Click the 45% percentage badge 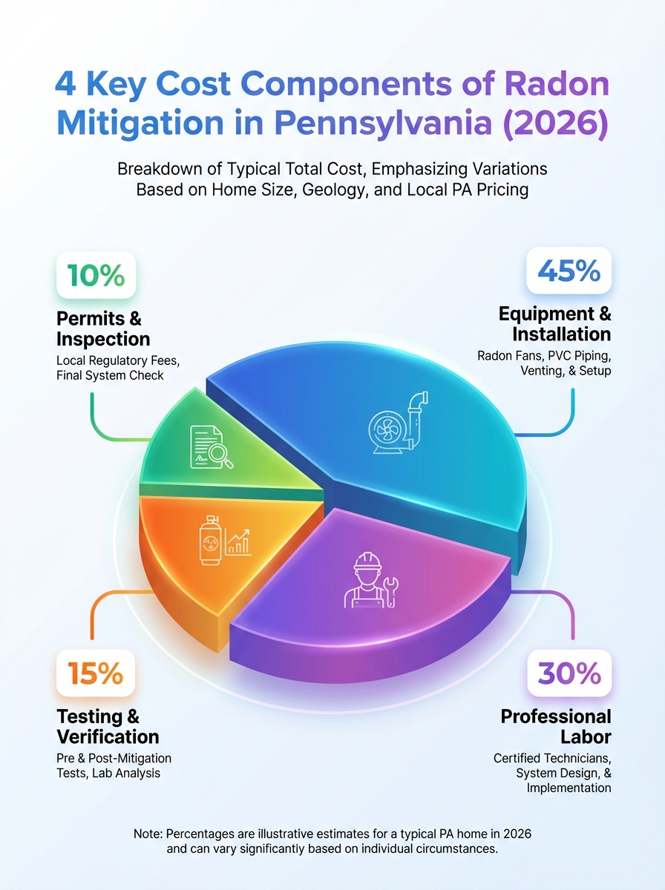point(569,272)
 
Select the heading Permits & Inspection point(103,329)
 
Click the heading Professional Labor point(556,727)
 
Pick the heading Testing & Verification point(108,727)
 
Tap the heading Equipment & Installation point(554,323)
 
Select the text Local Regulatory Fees point(118,360)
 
